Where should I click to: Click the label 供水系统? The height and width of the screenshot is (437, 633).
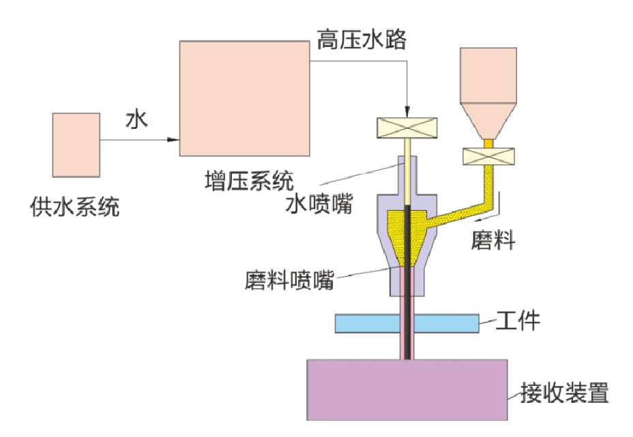tap(75, 205)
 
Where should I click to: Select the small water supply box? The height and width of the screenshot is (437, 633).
tap(76, 143)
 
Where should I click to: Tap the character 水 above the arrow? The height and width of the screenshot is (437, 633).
tap(135, 121)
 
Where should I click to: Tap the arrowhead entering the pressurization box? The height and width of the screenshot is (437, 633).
tap(173, 140)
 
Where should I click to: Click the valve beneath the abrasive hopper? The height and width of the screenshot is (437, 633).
tap(488, 156)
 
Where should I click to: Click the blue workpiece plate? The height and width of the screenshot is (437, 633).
tap(407, 323)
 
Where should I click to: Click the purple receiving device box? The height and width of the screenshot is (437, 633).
tap(407, 389)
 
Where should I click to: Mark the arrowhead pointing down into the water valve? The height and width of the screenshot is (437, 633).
tap(407, 111)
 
